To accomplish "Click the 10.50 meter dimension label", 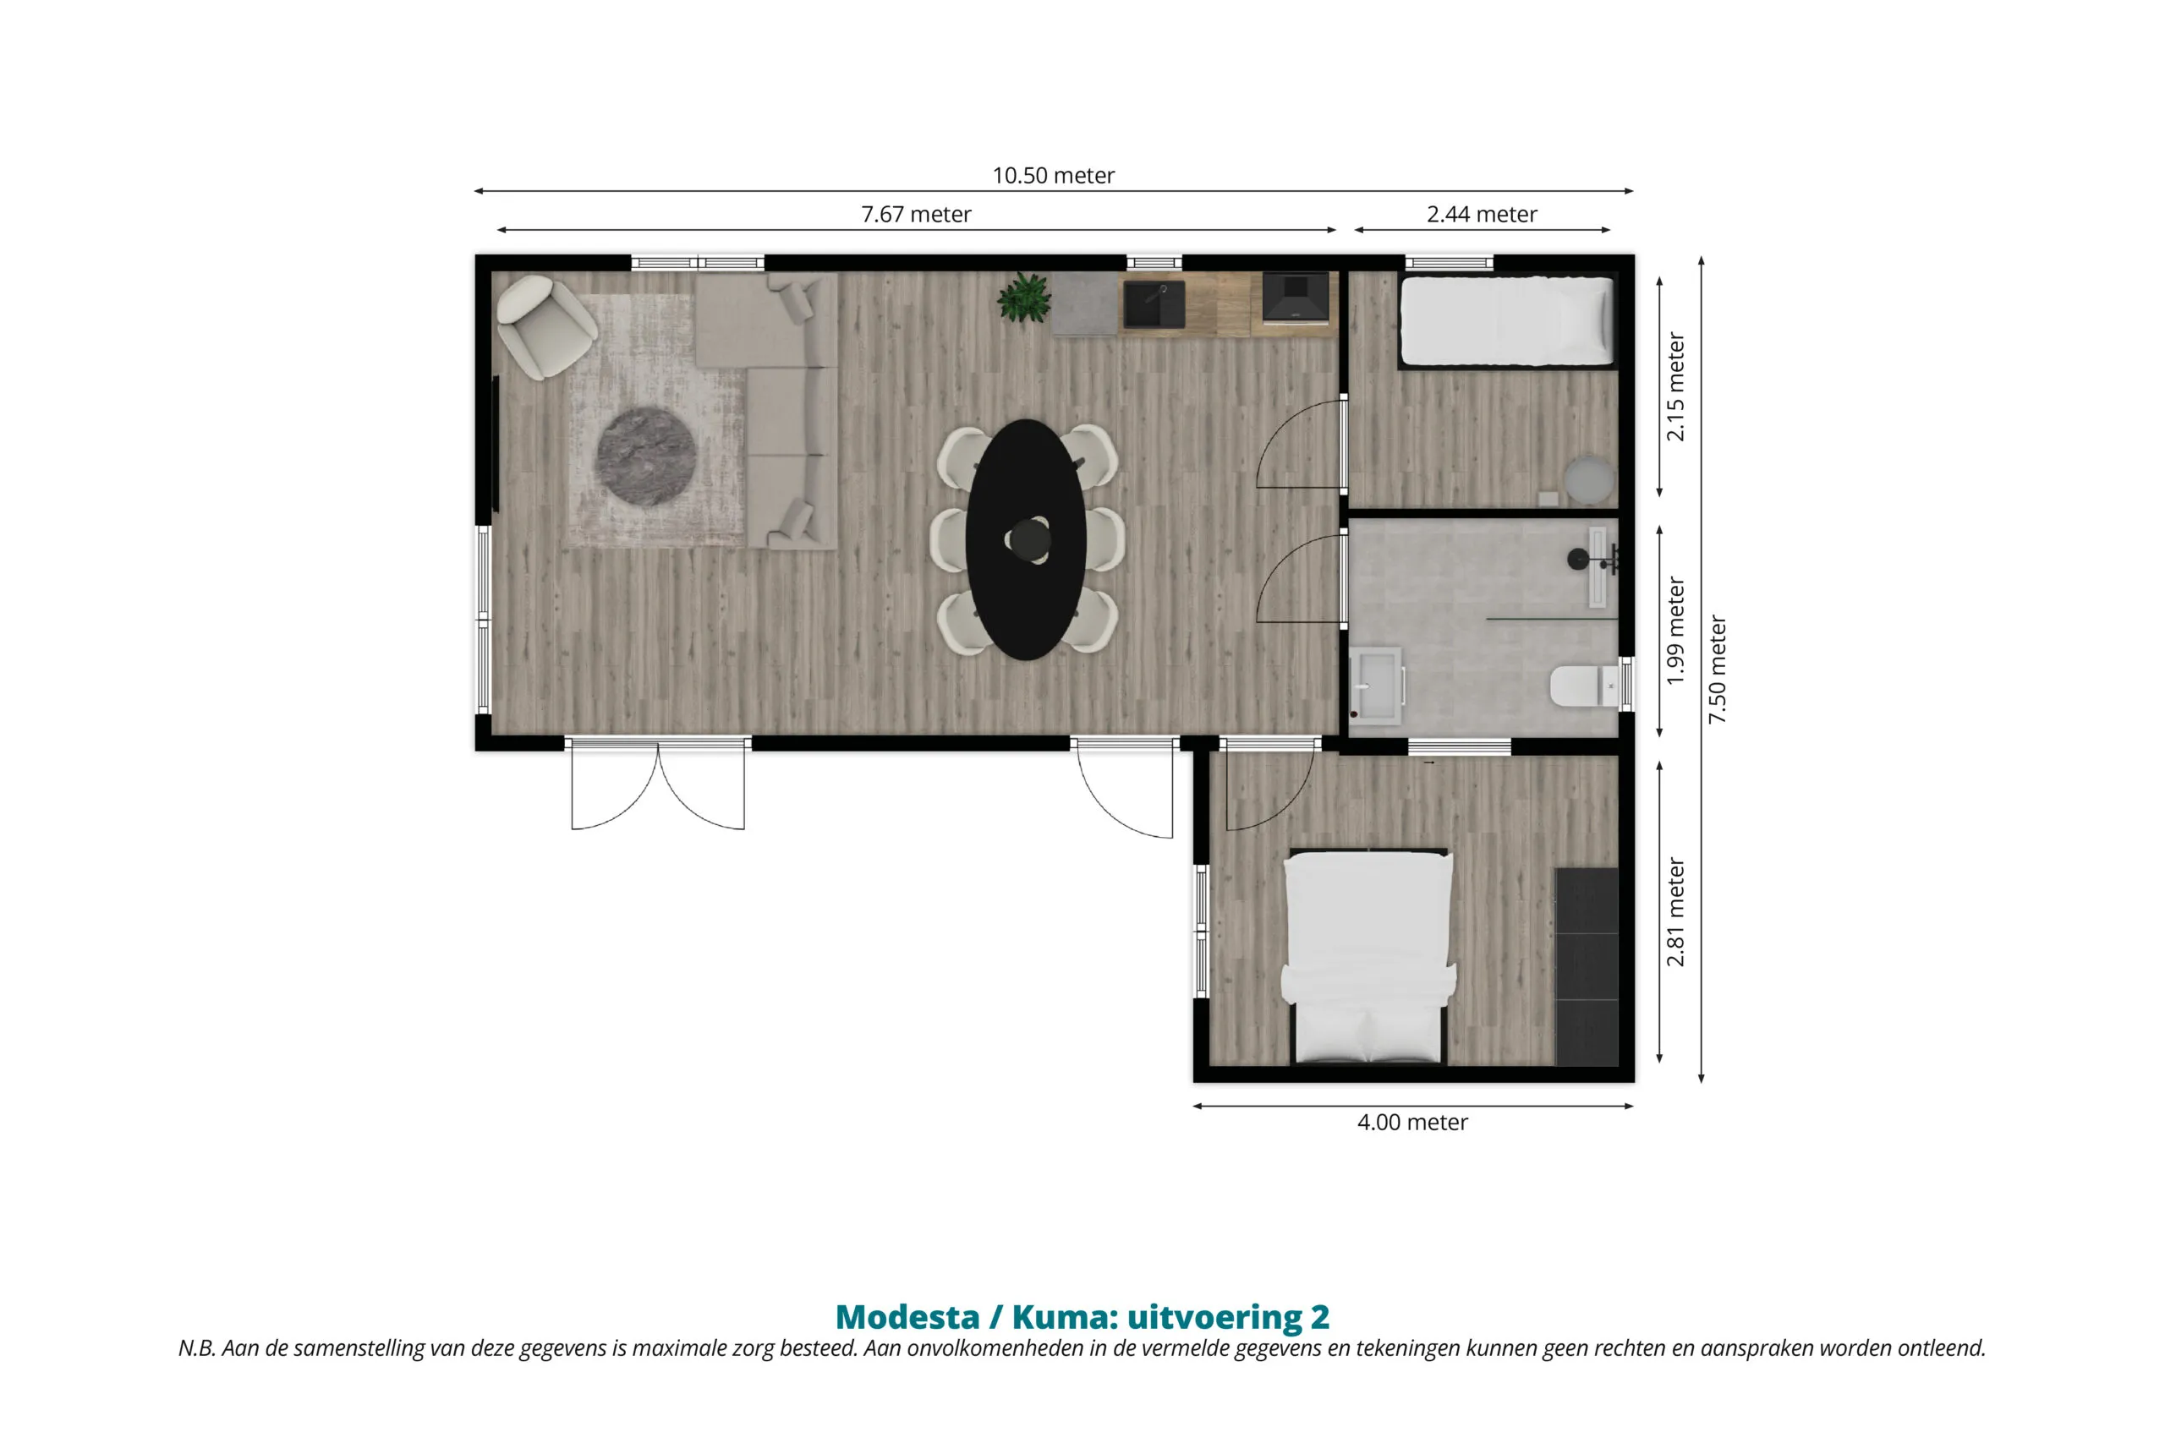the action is (1053, 175).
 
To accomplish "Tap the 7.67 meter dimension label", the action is (916, 215).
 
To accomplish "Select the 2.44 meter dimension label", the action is (1482, 215).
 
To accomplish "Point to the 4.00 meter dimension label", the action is (1413, 1122).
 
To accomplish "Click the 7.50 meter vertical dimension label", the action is (1718, 669).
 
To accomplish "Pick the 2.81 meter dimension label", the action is (1675, 913).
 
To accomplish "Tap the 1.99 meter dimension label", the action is (1675, 631).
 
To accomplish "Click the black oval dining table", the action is (1027, 540).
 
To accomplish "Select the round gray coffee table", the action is (645, 456).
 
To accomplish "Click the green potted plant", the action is (1023, 298).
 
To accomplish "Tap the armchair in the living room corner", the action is (545, 325).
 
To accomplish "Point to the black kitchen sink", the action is (1154, 304).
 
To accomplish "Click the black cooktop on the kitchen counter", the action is (1295, 298).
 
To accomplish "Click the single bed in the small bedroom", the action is (1507, 322).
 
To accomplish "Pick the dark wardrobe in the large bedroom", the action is (1587, 966).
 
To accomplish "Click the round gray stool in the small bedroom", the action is (1590, 478).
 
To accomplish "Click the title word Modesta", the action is (907, 1317).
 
